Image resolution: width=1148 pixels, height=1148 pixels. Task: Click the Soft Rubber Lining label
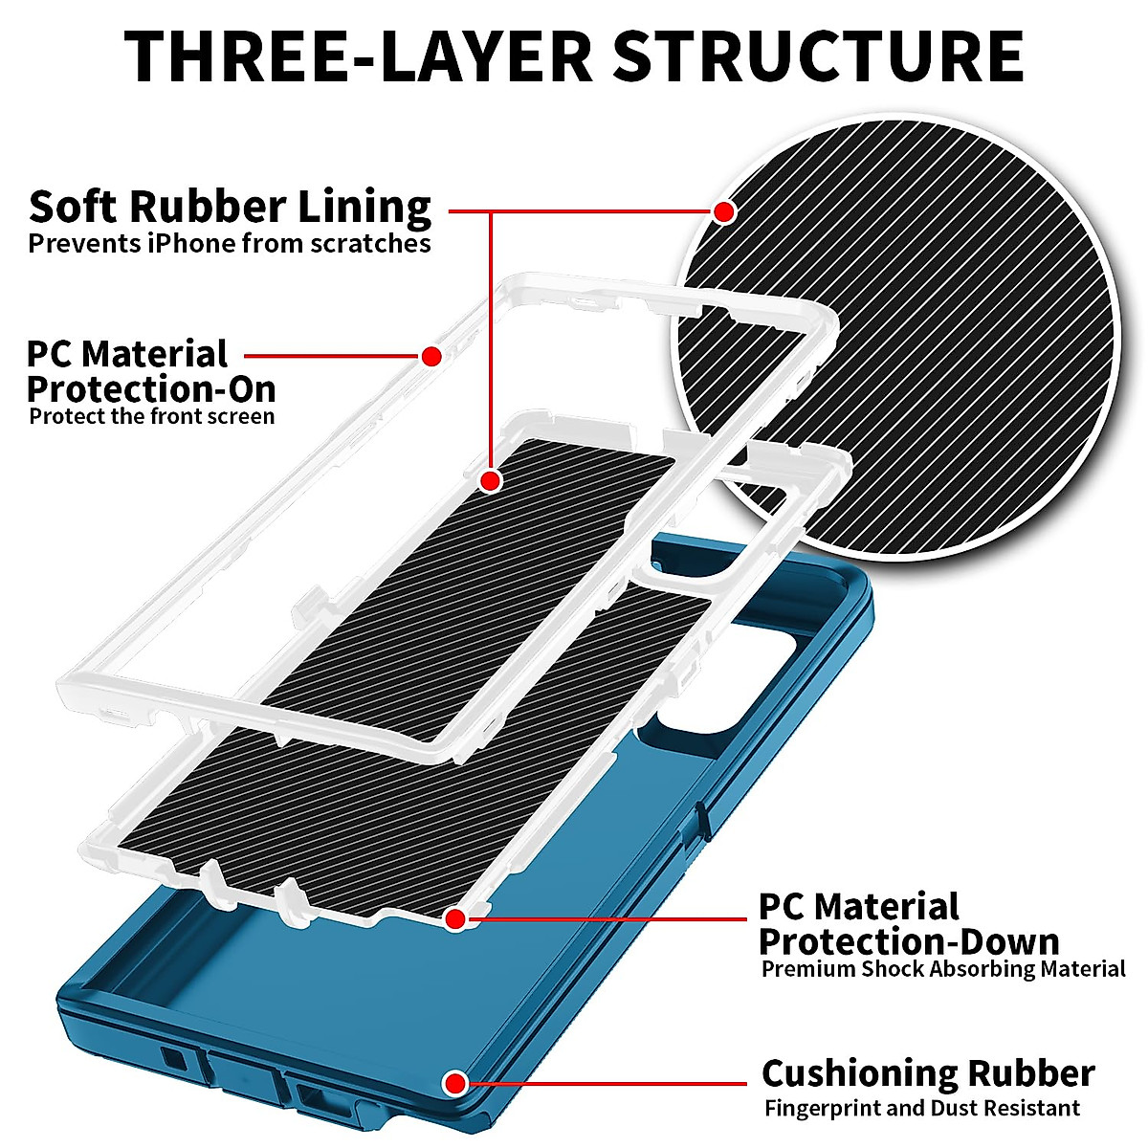click(230, 207)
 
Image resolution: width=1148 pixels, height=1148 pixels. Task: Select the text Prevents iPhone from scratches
click(230, 243)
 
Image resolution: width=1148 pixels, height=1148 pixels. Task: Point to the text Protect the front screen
click(152, 416)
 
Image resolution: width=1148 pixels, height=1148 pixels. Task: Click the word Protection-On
click(151, 389)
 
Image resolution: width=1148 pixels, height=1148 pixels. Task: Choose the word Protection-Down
click(909, 941)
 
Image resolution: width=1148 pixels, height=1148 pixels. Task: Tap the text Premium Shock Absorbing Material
click(943, 969)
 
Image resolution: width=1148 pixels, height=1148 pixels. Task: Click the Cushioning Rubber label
click(928, 1073)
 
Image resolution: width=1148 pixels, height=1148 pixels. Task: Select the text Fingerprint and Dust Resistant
click(922, 1109)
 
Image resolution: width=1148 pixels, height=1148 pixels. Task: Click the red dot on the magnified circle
click(724, 210)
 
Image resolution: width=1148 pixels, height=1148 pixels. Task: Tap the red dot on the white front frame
click(431, 357)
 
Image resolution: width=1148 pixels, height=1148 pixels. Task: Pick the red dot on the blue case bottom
click(455, 1084)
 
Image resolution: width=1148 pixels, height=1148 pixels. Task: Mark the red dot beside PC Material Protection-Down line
click(455, 919)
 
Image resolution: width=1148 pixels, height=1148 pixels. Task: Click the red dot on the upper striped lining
click(491, 479)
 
